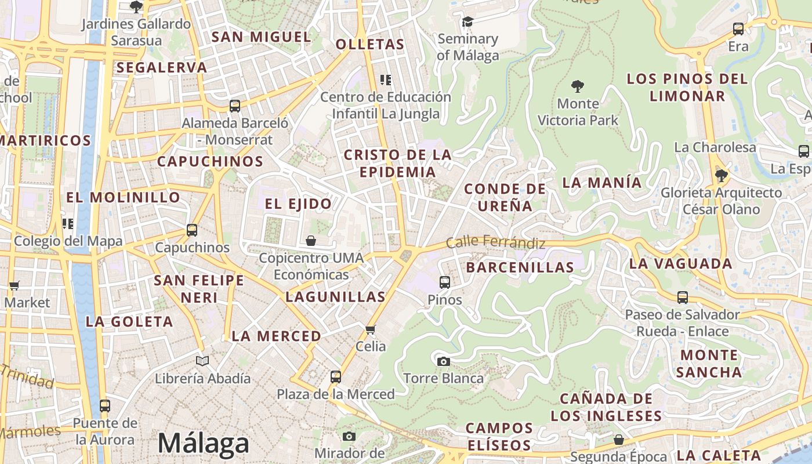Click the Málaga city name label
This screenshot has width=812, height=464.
point(203,444)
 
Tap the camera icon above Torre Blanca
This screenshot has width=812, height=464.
point(444,361)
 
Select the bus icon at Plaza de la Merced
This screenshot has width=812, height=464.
point(335,377)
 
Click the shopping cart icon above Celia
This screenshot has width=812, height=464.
point(371,329)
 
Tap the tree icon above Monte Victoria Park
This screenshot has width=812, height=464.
point(577,86)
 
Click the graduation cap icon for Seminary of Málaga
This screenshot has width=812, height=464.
point(467,22)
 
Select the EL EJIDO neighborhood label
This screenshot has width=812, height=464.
point(298,204)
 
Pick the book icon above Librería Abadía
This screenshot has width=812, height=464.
point(202,361)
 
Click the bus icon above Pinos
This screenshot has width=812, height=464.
point(445,282)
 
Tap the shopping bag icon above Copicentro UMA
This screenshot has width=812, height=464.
point(311,241)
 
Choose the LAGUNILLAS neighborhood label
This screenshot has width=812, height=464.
point(335,297)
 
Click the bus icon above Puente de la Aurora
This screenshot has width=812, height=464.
point(105,406)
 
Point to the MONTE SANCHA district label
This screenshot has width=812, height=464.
point(709,364)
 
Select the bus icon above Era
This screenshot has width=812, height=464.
point(738,29)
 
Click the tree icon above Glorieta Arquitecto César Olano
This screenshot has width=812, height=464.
point(721,175)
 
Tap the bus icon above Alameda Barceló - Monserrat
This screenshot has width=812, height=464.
point(235,106)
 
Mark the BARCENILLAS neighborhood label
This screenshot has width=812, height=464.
point(520,267)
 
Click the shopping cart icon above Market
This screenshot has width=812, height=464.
point(14,285)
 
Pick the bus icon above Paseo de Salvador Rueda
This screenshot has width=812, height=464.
point(683,298)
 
